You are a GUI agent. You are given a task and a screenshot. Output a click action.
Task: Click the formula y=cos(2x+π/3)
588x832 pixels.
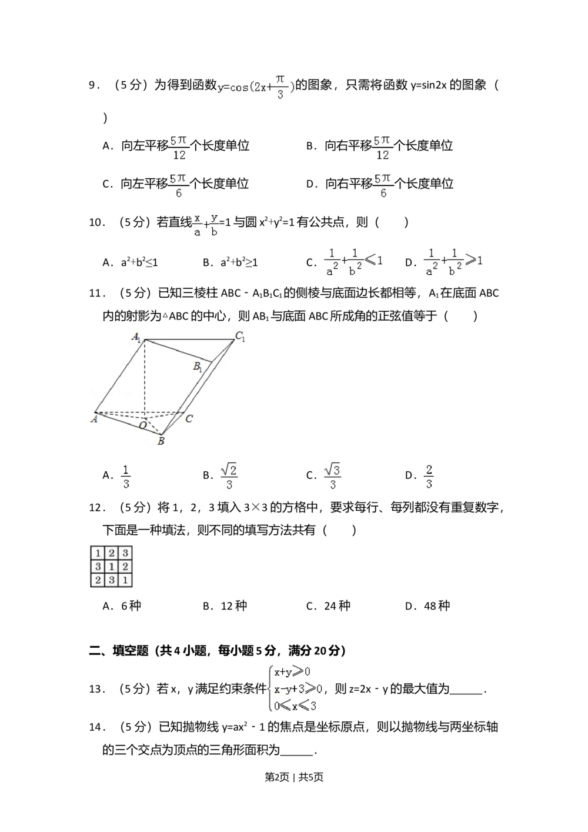click(x=256, y=87)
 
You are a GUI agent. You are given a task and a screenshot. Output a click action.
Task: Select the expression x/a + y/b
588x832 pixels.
click(x=205, y=224)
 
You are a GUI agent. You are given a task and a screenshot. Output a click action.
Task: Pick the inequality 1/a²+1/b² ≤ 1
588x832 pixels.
click(x=353, y=261)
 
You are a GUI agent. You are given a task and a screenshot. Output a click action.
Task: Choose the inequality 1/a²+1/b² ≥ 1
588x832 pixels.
click(x=454, y=261)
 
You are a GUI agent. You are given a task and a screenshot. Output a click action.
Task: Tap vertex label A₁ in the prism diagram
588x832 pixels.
click(x=136, y=337)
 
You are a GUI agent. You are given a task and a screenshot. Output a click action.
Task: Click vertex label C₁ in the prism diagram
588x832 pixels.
click(x=240, y=337)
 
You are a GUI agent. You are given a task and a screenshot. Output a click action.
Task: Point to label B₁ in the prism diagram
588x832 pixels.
click(x=198, y=367)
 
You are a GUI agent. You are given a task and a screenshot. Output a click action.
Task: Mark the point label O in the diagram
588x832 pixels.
click(x=143, y=425)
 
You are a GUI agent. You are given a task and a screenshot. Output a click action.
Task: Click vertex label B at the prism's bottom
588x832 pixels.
click(x=161, y=441)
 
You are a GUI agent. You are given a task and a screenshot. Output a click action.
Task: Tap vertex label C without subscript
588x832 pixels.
click(x=189, y=419)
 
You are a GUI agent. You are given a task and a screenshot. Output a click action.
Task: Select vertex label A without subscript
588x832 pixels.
click(x=93, y=419)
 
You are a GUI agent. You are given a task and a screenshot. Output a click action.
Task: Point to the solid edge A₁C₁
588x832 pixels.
click(x=188, y=340)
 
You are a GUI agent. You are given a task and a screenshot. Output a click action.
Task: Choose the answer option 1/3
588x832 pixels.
click(x=125, y=477)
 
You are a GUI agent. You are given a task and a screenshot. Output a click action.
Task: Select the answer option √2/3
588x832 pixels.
click(x=228, y=477)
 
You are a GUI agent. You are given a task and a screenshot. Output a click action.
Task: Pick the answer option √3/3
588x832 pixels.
click(x=332, y=477)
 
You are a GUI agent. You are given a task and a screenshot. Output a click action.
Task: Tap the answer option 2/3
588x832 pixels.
click(x=430, y=477)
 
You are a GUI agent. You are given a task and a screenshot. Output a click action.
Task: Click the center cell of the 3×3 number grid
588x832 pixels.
click(x=111, y=567)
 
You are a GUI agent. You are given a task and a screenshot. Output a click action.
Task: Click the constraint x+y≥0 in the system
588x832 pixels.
click(x=292, y=672)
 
